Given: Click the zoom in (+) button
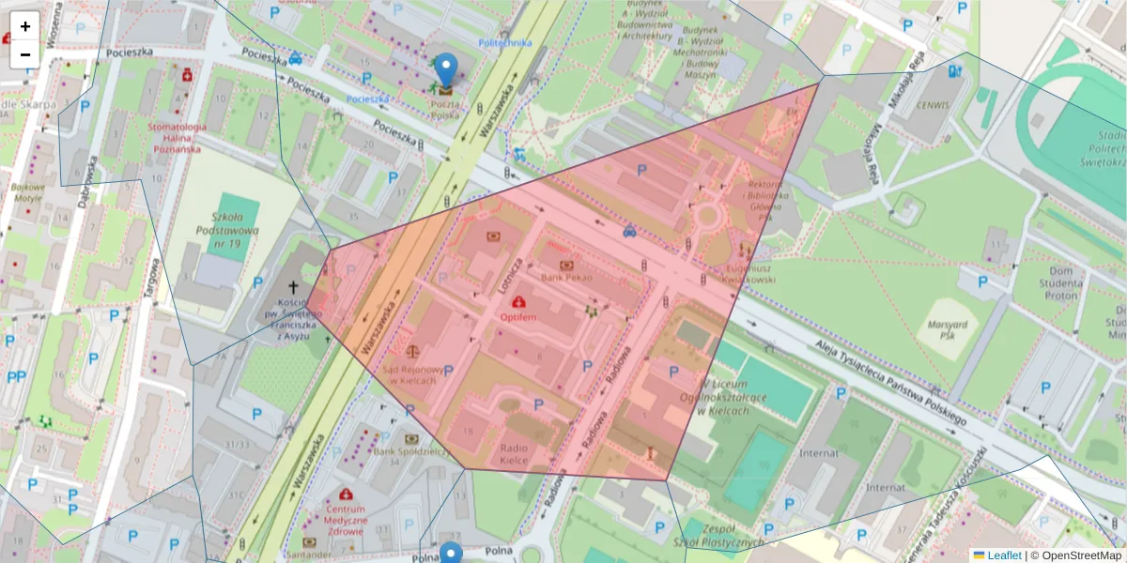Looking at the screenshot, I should [25, 26].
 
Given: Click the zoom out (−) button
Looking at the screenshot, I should [25, 54].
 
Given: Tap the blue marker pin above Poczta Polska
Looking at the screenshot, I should [446, 69].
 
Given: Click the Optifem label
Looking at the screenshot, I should [517, 317].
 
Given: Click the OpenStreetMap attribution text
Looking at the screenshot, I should [1080, 555].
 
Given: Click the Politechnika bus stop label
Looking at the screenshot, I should [504, 42].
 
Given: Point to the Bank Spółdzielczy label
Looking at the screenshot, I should [411, 450].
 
